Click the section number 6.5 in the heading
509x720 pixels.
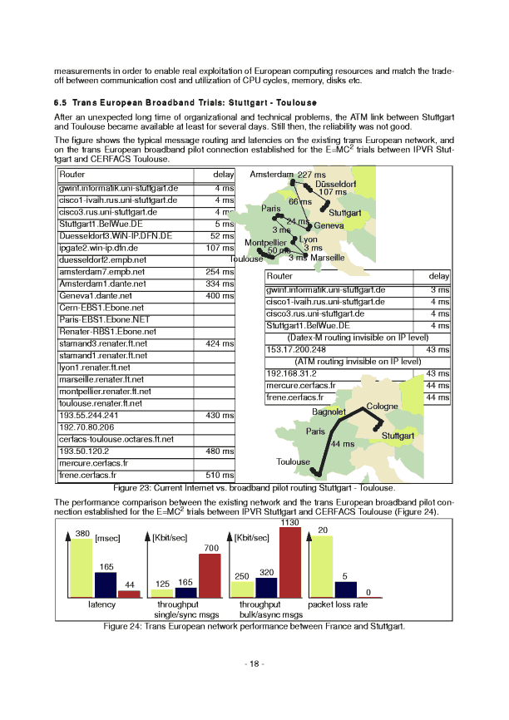(62, 102)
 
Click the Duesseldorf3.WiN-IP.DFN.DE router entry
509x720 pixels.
(116, 236)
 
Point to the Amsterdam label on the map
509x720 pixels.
(271, 175)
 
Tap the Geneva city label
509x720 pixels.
(329, 225)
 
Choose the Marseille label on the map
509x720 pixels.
(328, 258)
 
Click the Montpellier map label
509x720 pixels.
(266, 243)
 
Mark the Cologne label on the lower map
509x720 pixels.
(383, 406)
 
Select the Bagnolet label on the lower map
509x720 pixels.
(329, 412)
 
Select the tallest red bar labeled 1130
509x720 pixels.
(289, 563)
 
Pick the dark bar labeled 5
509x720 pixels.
(345, 589)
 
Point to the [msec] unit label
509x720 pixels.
(108, 539)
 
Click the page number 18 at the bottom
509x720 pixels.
(254, 663)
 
